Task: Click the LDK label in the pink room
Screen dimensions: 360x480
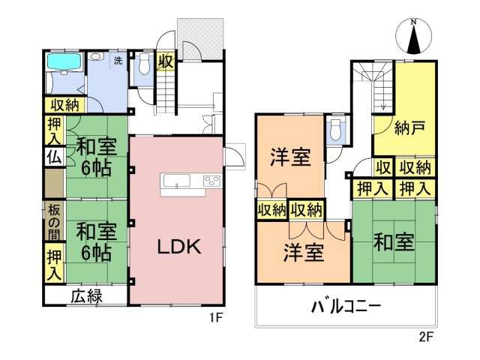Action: (177, 248)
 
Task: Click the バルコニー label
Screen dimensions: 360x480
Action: (346, 307)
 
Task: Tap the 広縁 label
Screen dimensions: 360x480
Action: (86, 295)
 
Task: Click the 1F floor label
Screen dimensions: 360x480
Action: (216, 316)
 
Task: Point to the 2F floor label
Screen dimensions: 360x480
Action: (426, 337)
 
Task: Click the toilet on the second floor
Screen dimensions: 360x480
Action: (337, 131)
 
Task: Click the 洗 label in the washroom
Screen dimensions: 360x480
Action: (118, 58)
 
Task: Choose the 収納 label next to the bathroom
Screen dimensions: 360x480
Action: (64, 104)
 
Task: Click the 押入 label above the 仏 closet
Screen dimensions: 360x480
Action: (54, 133)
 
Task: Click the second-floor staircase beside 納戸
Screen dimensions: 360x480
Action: (372, 86)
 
